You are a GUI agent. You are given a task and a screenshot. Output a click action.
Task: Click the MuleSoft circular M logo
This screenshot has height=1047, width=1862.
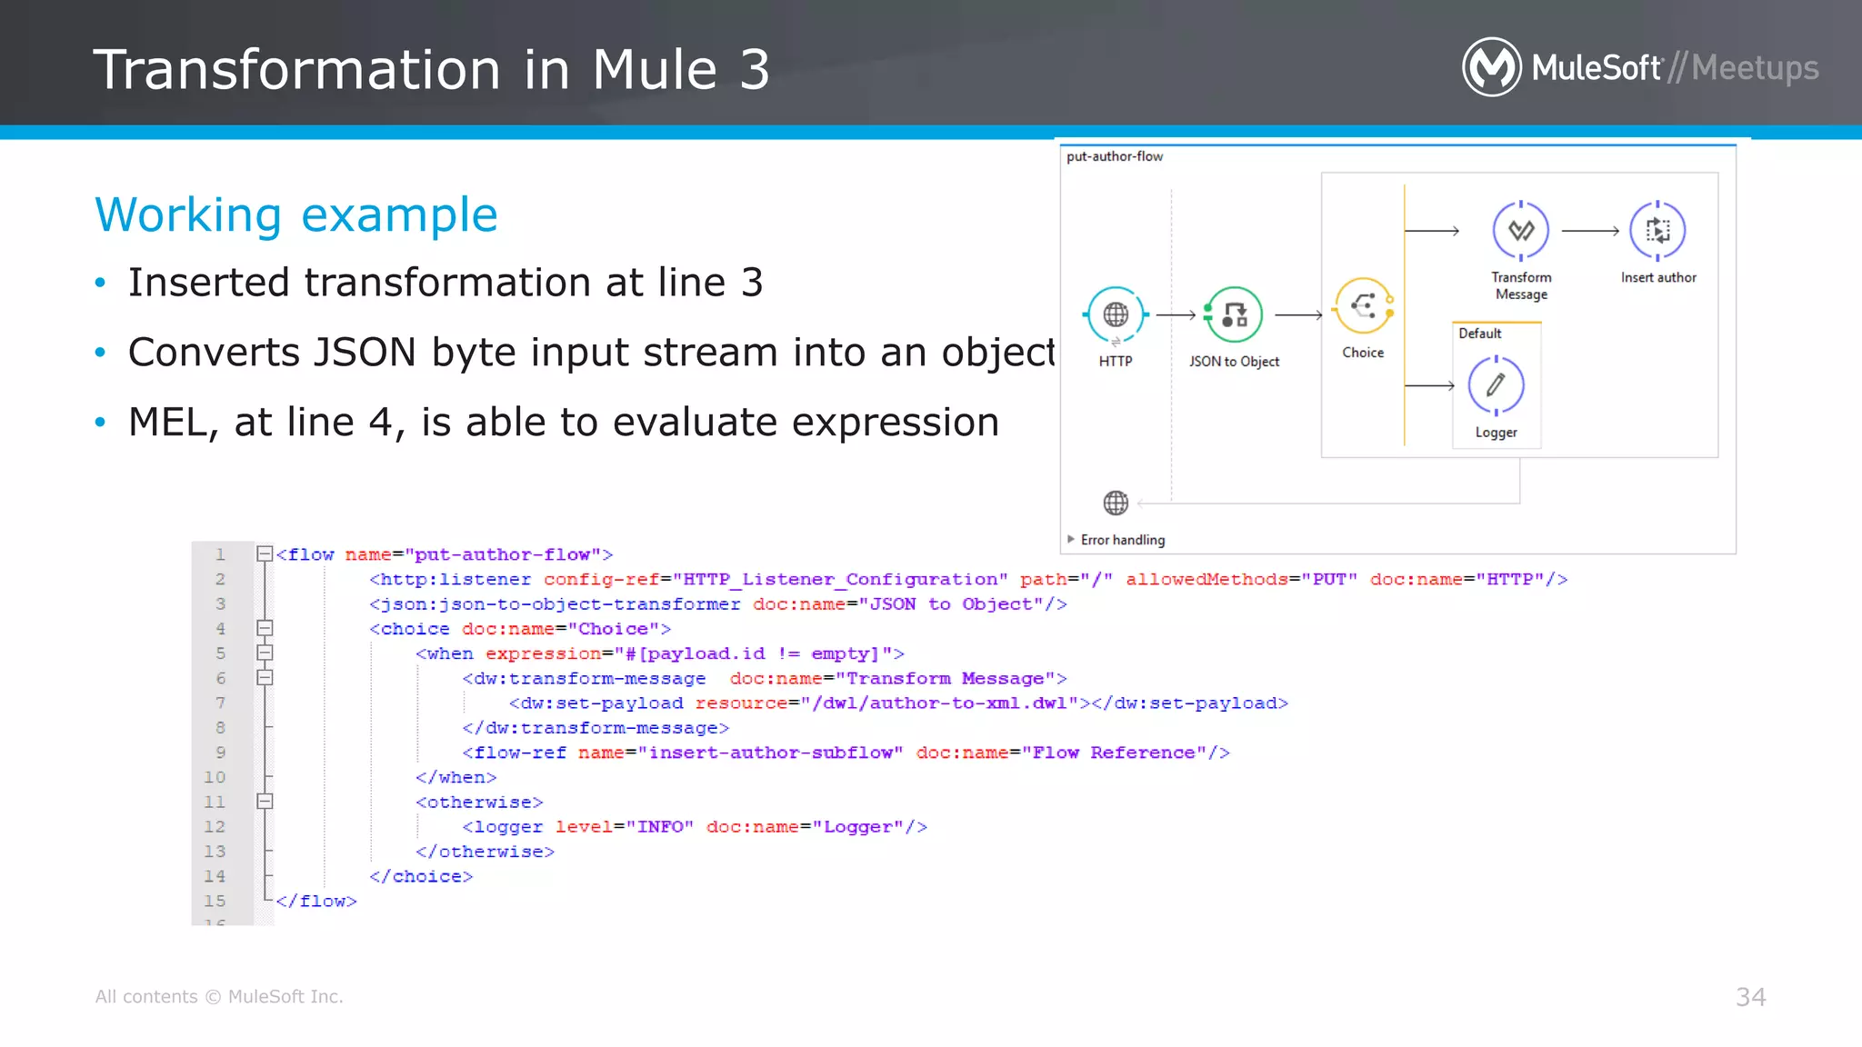point(1491,66)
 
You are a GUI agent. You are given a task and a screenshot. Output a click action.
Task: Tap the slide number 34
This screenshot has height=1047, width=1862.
point(1750,997)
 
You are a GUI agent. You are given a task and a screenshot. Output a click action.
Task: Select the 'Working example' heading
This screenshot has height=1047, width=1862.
point(296,215)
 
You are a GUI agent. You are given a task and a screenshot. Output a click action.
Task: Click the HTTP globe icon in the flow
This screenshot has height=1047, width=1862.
point(1116,314)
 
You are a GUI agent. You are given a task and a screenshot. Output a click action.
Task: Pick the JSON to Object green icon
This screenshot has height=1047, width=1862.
point(1234,314)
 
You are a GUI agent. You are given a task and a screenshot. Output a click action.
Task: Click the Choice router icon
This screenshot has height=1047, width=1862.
point(1363,306)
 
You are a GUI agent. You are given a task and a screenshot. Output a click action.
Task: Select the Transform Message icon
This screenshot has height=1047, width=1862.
point(1521,231)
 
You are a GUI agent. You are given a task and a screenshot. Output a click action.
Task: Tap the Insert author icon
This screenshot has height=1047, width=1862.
point(1657,231)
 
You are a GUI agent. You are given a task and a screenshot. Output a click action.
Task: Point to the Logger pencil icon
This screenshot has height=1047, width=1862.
point(1496,385)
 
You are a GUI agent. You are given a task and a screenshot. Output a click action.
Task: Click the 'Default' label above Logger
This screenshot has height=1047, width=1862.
point(1480,334)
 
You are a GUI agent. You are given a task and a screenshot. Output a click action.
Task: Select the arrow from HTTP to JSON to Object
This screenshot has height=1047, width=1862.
point(1176,315)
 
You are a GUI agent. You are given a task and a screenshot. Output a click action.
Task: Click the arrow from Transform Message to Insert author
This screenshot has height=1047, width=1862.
point(1590,231)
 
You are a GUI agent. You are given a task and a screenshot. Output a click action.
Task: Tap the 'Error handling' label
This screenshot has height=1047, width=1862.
point(1123,540)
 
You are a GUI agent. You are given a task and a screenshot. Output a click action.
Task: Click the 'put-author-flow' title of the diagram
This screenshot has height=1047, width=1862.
point(1115,156)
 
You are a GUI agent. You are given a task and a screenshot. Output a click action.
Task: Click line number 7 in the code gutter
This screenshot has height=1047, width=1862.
point(220,703)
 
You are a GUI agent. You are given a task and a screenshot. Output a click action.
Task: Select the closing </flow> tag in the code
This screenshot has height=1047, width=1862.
point(316,901)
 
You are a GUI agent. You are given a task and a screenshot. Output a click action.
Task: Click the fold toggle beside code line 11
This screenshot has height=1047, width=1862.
point(265,802)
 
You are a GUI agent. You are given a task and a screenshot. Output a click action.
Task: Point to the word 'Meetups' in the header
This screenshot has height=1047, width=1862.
point(1755,68)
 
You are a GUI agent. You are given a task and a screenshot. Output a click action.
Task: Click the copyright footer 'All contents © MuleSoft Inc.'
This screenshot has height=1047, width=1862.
point(219,997)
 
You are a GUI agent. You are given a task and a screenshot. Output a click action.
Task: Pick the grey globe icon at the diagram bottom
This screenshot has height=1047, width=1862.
point(1116,503)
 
